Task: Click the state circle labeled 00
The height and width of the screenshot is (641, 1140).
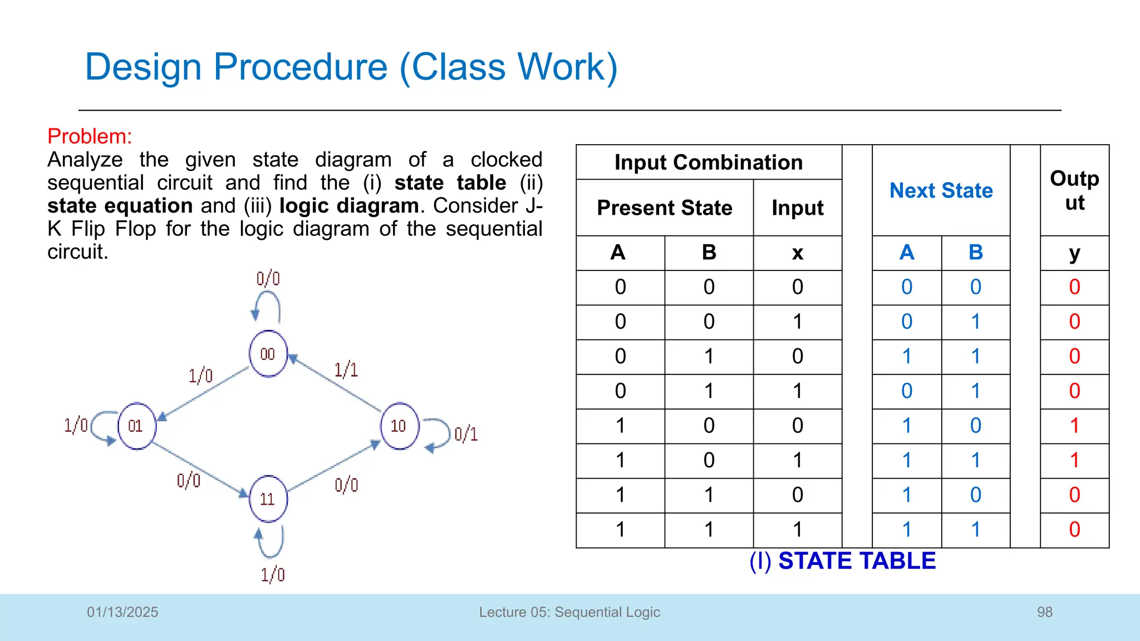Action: click(x=268, y=354)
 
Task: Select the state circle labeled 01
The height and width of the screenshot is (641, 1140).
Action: click(x=136, y=426)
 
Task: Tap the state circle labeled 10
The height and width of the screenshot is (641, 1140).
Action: click(x=399, y=426)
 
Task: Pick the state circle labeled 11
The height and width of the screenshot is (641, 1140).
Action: click(x=268, y=499)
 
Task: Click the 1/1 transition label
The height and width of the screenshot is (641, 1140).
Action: click(x=346, y=369)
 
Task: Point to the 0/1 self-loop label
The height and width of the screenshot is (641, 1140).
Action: click(x=466, y=434)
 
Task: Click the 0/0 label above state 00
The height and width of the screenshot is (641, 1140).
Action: click(x=268, y=278)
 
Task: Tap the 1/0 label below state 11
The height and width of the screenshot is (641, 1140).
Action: click(x=273, y=574)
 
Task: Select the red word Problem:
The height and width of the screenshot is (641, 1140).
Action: click(x=90, y=136)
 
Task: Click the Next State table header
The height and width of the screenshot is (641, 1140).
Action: click(x=941, y=190)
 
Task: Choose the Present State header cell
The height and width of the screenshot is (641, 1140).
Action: click(x=665, y=208)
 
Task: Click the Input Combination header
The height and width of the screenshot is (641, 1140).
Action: click(x=709, y=162)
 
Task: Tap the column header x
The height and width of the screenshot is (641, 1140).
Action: click(x=797, y=253)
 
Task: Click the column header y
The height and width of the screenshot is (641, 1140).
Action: click(x=1074, y=253)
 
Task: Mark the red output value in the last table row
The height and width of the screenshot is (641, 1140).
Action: click(x=1074, y=529)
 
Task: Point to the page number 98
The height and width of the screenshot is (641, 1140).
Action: click(x=1044, y=612)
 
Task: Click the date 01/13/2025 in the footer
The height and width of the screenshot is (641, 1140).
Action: click(x=122, y=612)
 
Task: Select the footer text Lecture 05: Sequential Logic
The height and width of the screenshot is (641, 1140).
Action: click(x=569, y=612)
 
